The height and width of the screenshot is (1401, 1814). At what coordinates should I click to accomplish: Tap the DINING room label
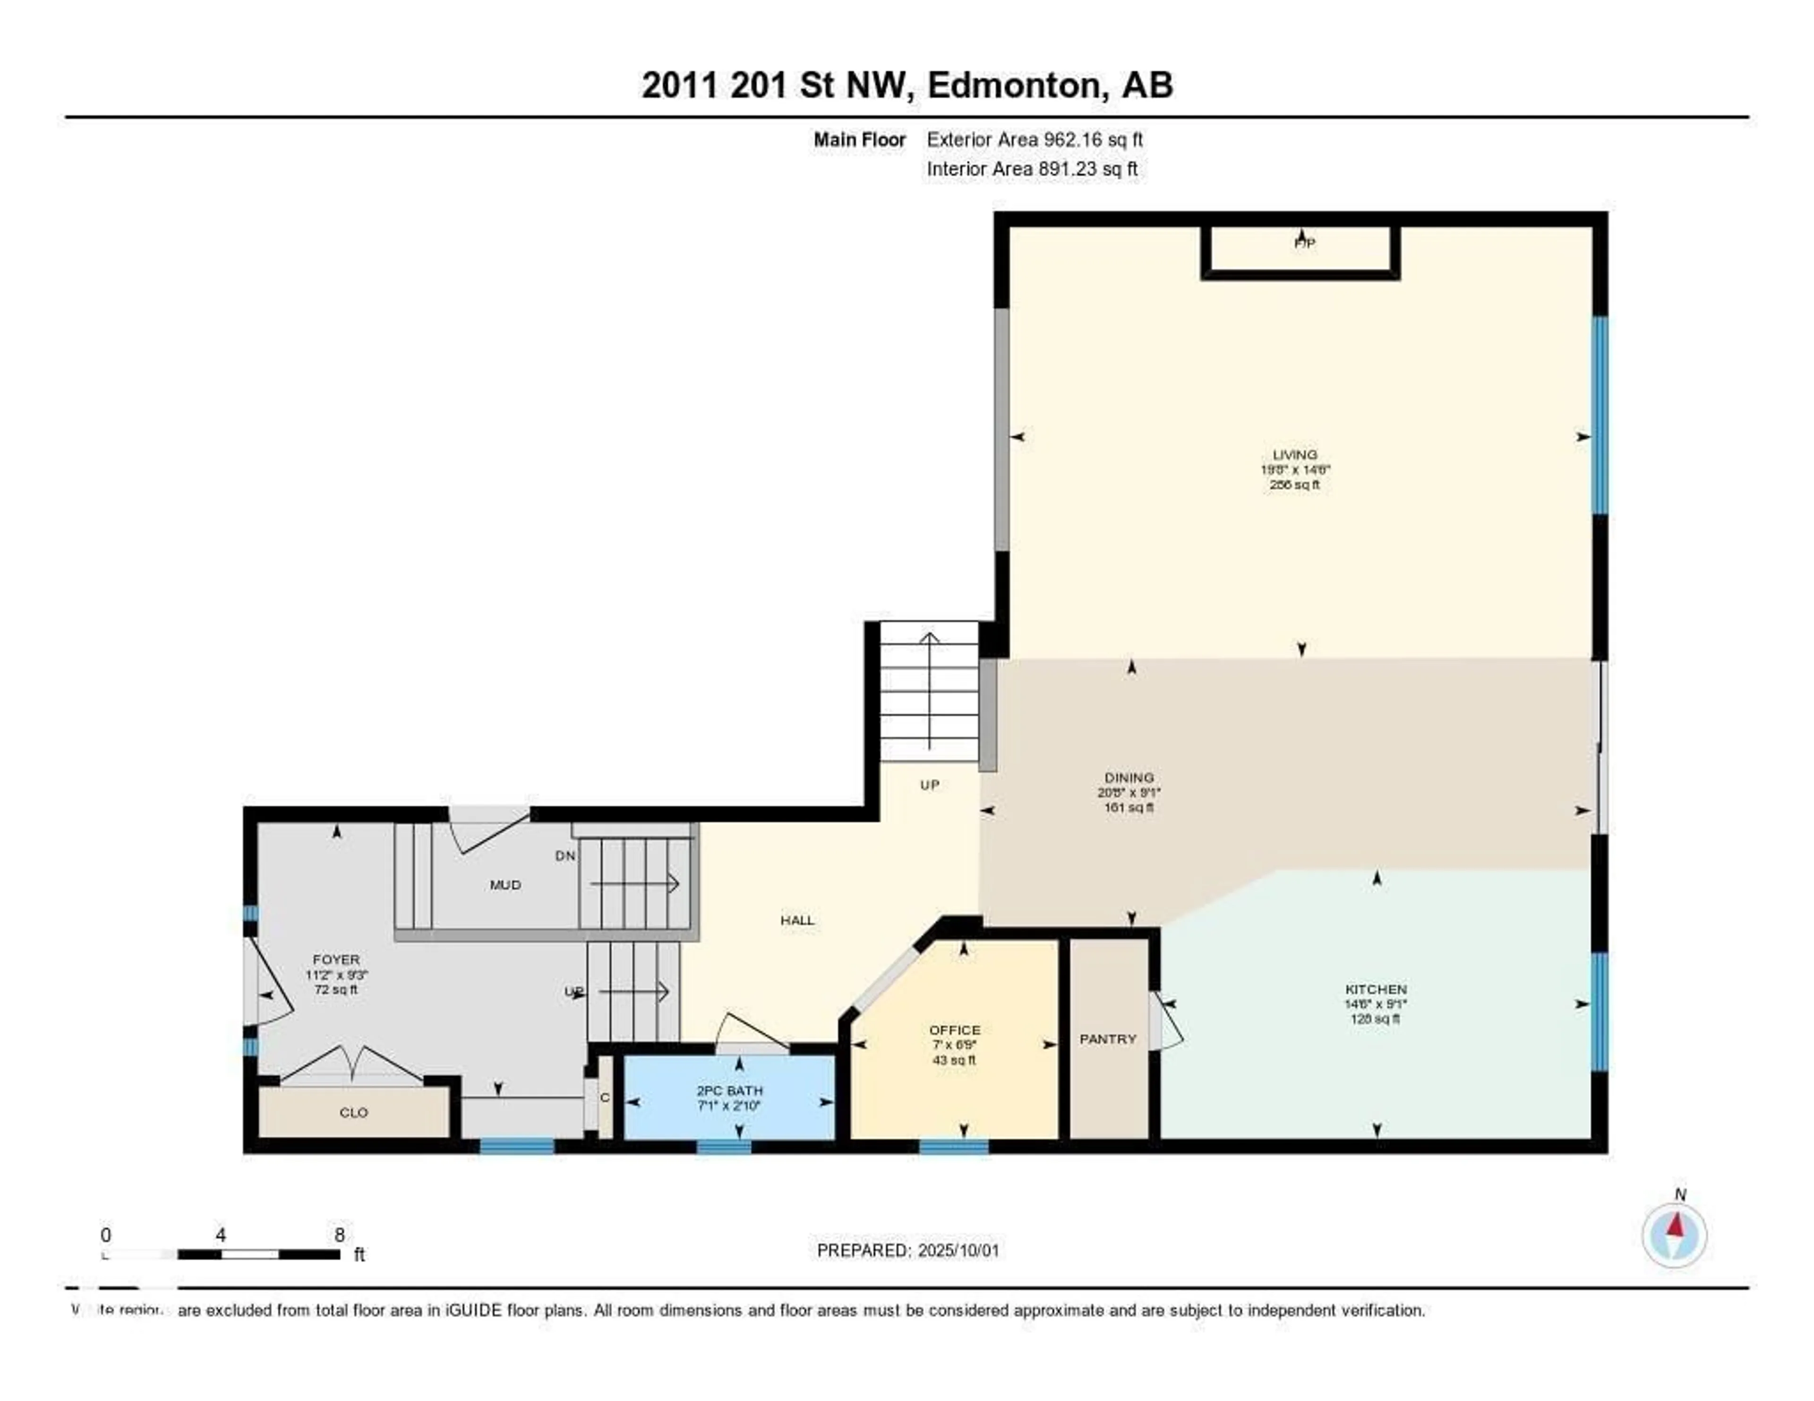1129,778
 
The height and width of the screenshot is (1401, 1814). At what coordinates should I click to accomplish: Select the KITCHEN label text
1376,989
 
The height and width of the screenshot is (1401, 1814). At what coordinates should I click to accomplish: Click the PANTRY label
1107,1039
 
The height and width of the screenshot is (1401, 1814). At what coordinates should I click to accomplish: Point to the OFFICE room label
954,1030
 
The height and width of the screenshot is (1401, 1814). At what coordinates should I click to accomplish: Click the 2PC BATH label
729,1090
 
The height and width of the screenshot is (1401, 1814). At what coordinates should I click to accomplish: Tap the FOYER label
335,959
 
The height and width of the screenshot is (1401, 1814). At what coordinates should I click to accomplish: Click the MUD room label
505,884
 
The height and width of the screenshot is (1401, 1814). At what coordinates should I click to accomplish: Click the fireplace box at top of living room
1301,251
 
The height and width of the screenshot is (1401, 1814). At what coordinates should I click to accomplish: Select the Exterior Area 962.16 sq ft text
1034,139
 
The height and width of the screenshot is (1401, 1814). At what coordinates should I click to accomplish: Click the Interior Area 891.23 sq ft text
1032,169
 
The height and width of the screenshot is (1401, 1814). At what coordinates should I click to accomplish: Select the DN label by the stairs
565,855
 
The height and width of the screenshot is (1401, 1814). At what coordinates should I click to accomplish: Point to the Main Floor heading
859,139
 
